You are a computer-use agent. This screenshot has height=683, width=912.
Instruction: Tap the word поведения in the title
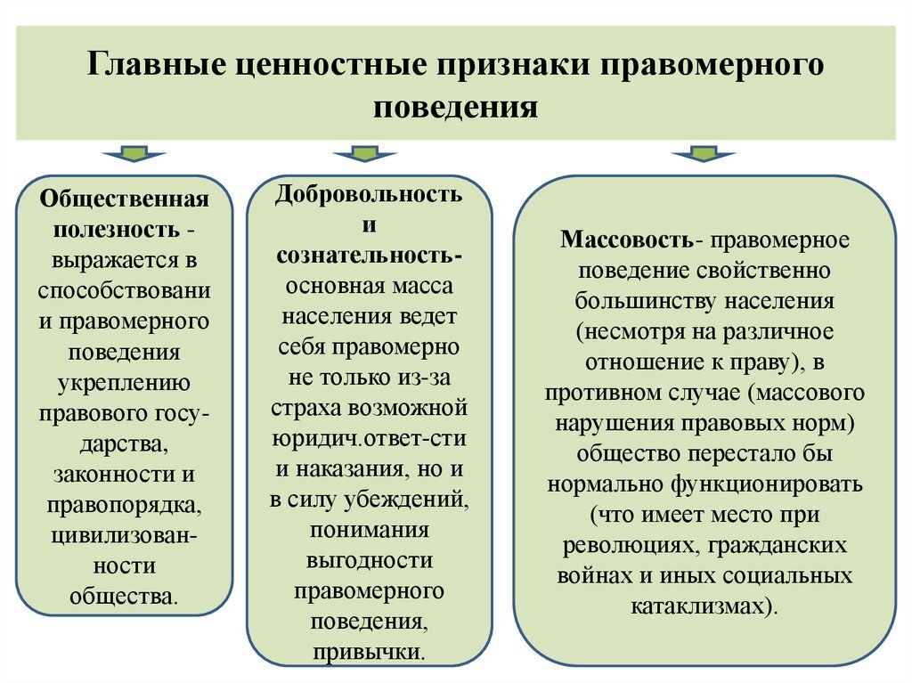point(455,108)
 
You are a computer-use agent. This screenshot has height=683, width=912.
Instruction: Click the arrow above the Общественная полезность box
point(134,155)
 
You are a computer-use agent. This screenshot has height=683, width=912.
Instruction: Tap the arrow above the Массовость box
point(704,155)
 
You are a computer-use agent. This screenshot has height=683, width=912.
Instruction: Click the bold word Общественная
point(125,197)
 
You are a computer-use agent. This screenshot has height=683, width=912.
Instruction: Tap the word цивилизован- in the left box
point(125,536)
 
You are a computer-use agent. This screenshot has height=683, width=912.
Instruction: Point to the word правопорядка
point(125,506)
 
